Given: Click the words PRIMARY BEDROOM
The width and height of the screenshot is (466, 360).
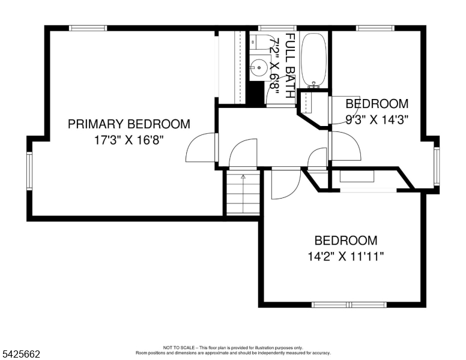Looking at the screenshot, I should click(x=129, y=124).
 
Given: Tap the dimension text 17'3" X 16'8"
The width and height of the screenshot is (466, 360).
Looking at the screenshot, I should click(x=129, y=140).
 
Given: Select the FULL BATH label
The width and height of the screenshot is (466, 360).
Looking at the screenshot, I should click(x=290, y=66).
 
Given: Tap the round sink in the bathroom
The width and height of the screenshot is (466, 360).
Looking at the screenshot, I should click(x=259, y=67).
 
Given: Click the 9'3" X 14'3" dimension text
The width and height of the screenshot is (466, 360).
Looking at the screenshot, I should click(x=377, y=119).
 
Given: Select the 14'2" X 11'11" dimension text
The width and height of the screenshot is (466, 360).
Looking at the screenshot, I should click(x=346, y=257).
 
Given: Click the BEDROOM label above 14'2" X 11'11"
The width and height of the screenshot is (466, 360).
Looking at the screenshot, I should click(x=346, y=241).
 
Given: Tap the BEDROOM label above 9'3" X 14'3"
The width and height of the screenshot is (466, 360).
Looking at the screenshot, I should click(x=377, y=104).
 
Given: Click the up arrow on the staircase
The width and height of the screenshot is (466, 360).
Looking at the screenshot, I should click(x=243, y=178).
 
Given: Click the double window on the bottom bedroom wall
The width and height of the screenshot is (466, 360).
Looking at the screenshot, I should click(x=349, y=304).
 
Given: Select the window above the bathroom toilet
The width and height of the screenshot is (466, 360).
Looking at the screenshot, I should click(x=277, y=28).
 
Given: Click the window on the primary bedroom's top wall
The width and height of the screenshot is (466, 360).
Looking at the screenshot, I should click(x=88, y=28).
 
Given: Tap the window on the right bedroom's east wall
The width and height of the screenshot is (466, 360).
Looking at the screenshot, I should click(x=437, y=166).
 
